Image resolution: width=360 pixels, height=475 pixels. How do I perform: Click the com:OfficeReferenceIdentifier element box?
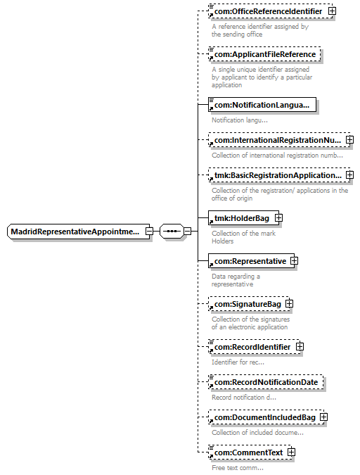click(x=270, y=11)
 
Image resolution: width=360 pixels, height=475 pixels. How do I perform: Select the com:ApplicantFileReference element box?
click(x=264, y=54)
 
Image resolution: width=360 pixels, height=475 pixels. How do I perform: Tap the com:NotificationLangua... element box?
click(x=262, y=105)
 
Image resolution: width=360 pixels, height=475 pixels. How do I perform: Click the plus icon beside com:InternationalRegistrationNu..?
click(x=349, y=139)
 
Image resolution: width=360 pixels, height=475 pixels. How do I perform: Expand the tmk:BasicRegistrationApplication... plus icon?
click(x=349, y=175)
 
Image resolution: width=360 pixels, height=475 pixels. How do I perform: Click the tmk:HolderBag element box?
click(x=243, y=218)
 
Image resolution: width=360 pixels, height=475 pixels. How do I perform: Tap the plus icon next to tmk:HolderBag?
click(x=278, y=218)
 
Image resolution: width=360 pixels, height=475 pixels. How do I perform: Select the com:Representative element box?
click(x=251, y=261)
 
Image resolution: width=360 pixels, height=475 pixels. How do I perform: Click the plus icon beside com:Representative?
click(x=294, y=261)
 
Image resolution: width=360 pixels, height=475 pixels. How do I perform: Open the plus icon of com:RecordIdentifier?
click(x=300, y=346)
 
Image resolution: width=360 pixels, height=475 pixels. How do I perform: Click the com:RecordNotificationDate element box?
click(x=266, y=382)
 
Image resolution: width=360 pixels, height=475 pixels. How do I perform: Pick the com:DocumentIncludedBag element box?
click(x=266, y=417)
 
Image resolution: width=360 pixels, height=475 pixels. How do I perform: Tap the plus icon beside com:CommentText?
click(x=291, y=452)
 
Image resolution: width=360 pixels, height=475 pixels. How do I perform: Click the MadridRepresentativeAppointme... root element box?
click(x=78, y=232)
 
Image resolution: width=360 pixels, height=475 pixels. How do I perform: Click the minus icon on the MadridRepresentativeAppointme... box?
click(x=149, y=232)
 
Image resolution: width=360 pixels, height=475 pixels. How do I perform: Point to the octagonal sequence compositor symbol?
click(x=172, y=232)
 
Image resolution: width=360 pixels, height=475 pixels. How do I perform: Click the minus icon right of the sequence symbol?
click(x=188, y=231)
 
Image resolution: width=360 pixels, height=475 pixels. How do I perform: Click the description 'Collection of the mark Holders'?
click(x=243, y=237)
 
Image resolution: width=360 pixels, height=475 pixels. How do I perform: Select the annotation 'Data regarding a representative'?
click(x=236, y=280)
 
